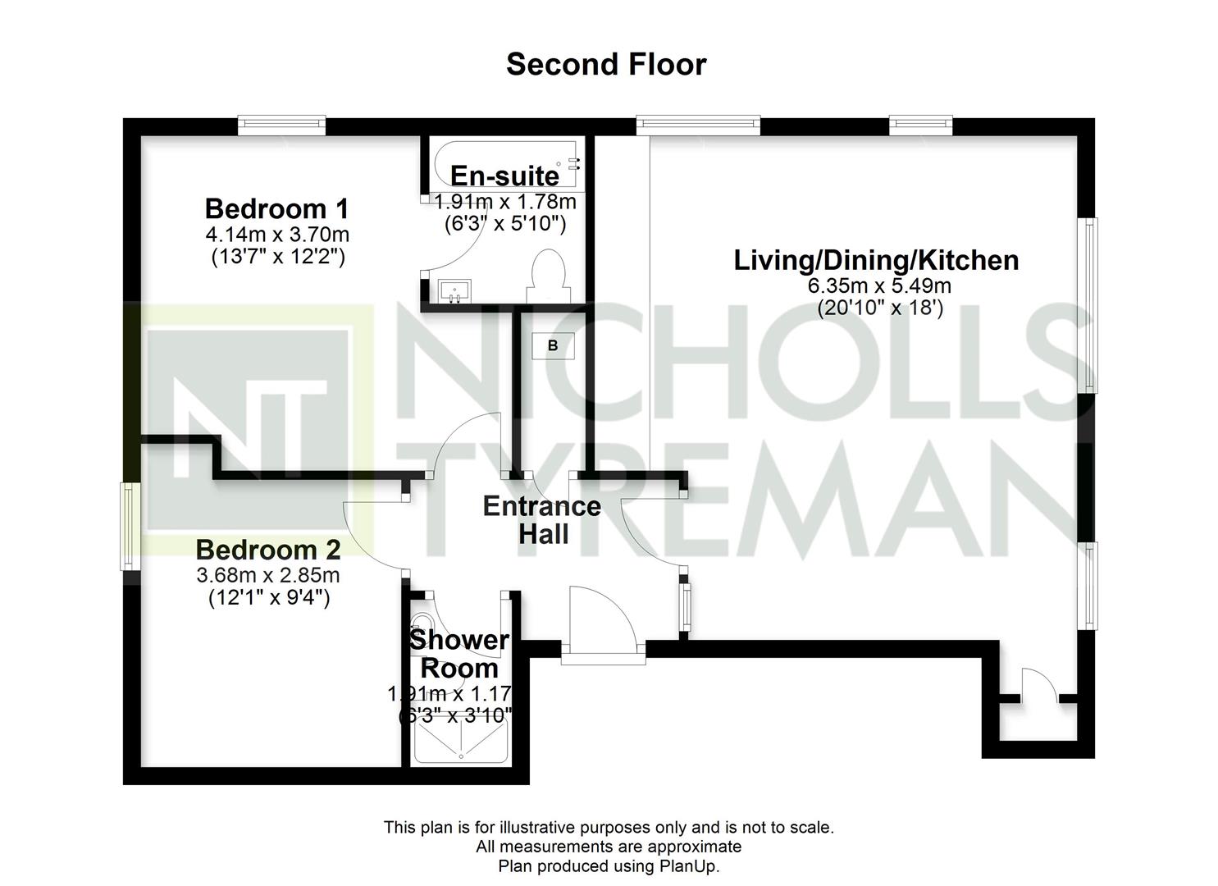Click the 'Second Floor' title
tap(606, 65)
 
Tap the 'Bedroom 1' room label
tap(276, 209)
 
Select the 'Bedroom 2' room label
tap(268, 550)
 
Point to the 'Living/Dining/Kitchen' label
tap(876, 261)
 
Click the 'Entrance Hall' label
tap(542, 520)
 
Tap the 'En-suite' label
tap(504, 176)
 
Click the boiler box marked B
tap(553, 345)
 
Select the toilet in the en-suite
tap(549, 276)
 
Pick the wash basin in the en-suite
tap(455, 291)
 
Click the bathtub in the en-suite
tap(506, 165)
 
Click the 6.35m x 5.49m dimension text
tap(879, 285)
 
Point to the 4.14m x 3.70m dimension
tap(277, 235)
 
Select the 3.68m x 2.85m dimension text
tap(268, 575)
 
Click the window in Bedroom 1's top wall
tap(281, 126)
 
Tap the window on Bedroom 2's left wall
tap(130, 526)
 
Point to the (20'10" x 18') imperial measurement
tap(880, 308)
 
